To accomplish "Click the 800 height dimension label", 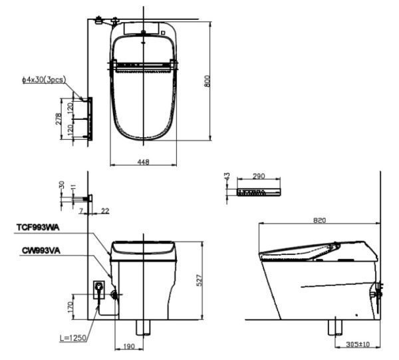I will coord(207,81).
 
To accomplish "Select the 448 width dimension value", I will coord(143,162).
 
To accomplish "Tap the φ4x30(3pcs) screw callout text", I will coord(44,80).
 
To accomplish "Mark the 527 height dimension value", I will coord(201,281).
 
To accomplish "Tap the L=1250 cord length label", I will coord(72,338).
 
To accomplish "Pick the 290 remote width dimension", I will coord(259,176).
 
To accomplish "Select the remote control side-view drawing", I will coord(259,192).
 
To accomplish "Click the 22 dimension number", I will coord(106,211).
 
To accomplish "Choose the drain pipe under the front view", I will coord(143,327).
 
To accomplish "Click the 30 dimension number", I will coord(62,185).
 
